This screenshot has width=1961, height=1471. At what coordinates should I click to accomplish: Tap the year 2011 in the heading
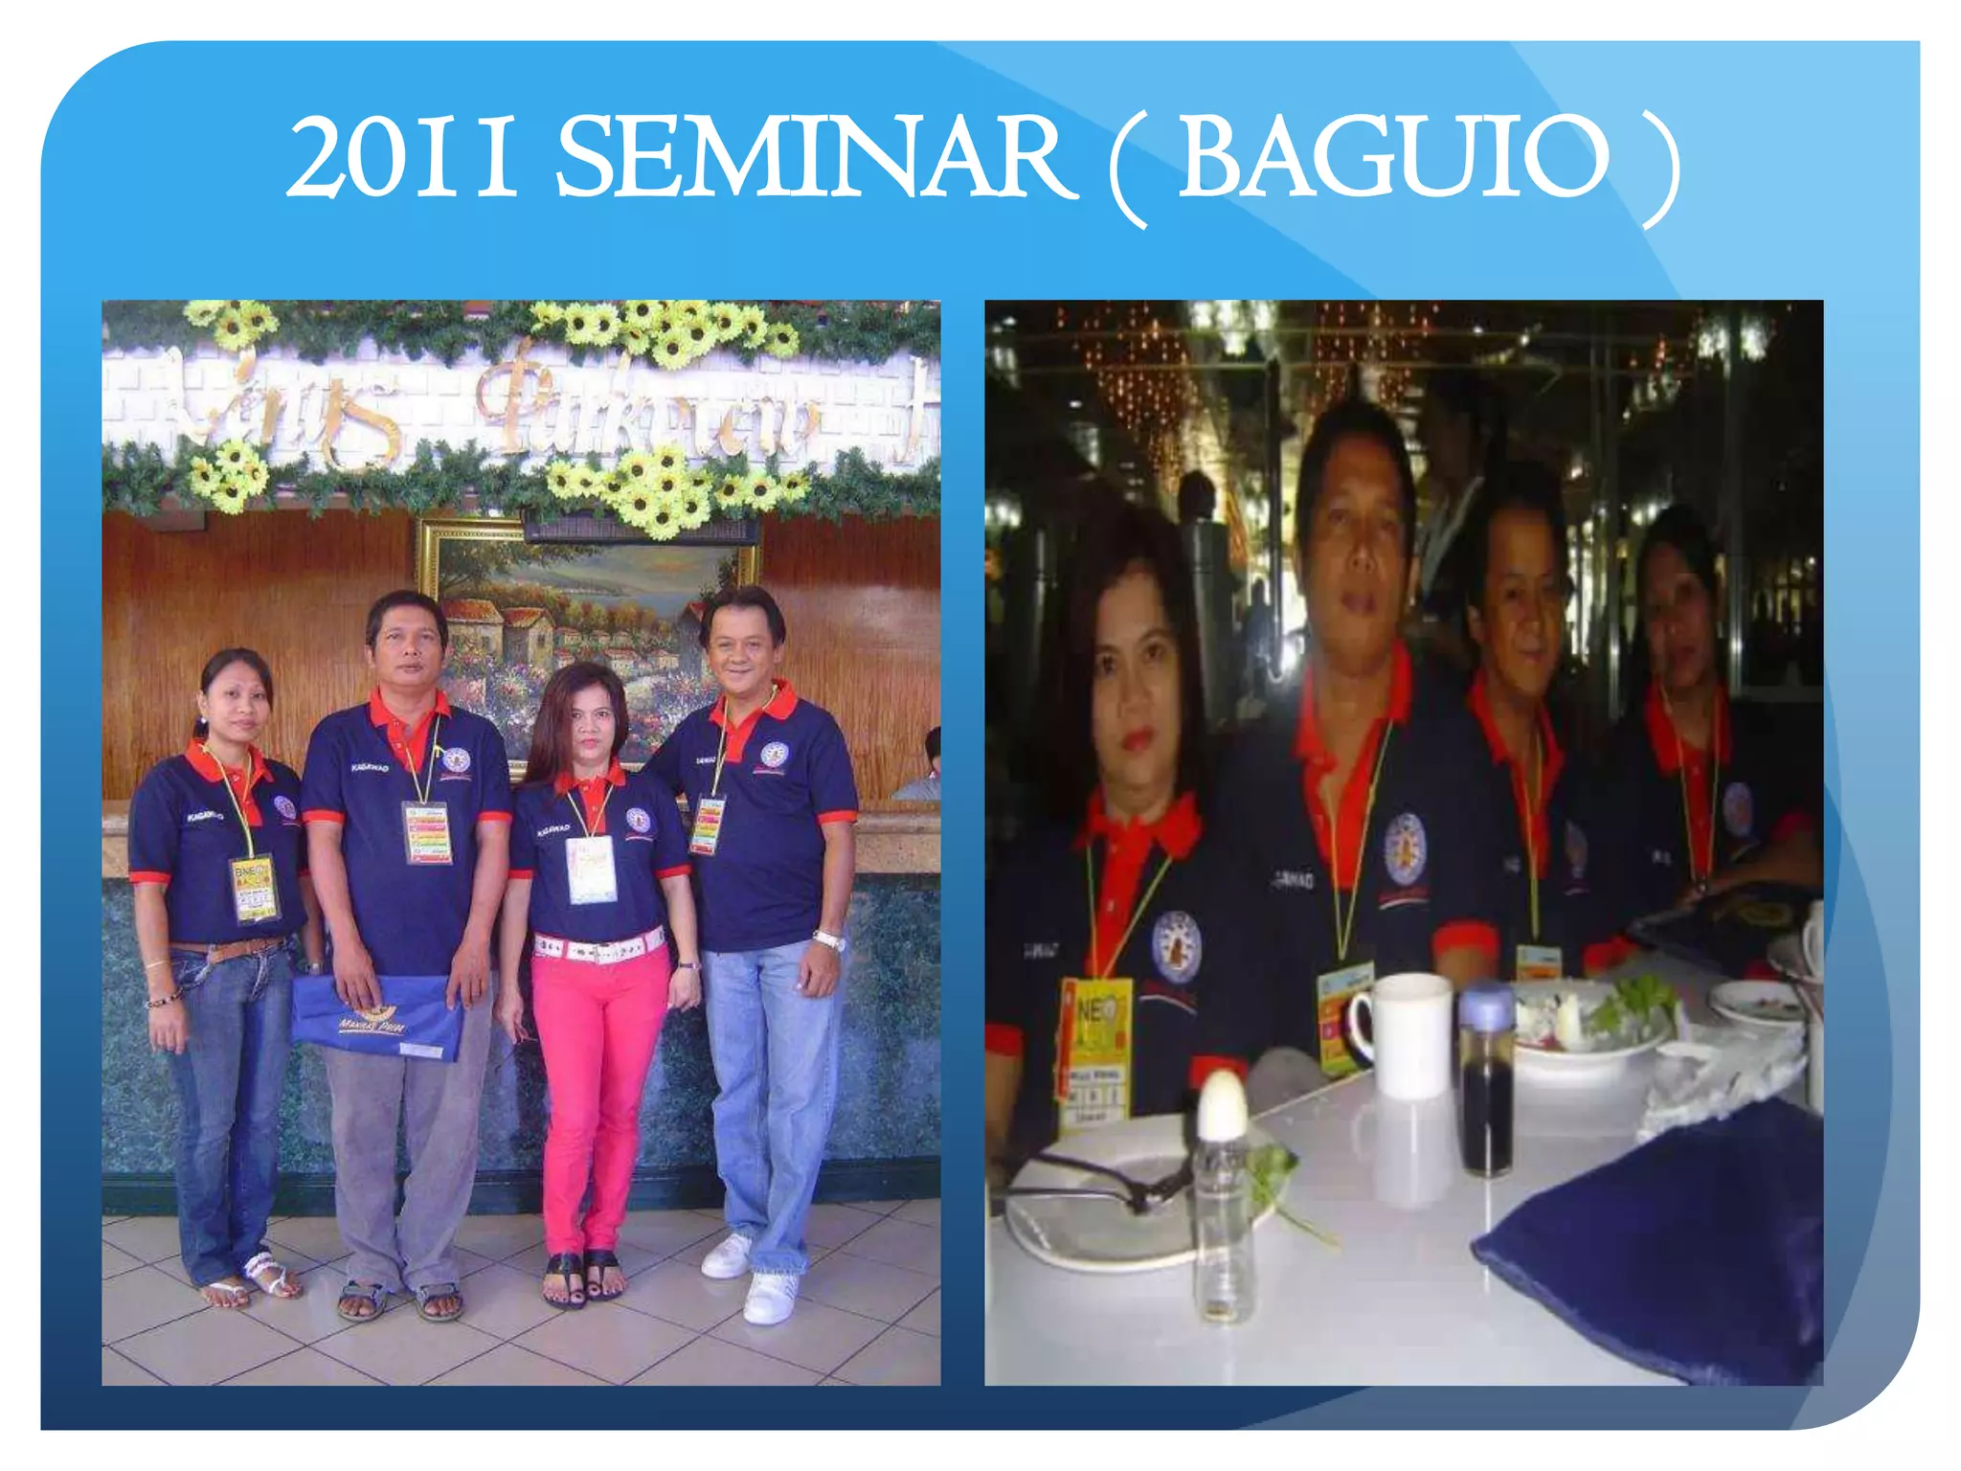(402, 158)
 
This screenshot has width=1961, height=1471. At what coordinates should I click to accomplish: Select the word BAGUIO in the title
(1394, 158)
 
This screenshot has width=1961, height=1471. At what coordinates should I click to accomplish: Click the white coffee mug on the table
(1408, 1034)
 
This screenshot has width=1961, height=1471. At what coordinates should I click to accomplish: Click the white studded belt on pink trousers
(598, 947)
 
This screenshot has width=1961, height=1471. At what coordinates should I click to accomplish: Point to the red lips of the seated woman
(1138, 740)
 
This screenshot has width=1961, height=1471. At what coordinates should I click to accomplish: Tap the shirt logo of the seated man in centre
(1405, 848)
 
